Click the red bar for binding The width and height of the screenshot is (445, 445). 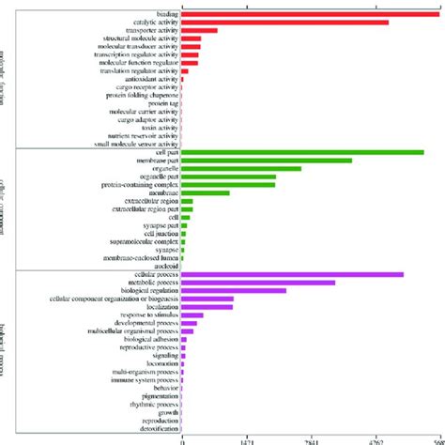(x=310, y=13)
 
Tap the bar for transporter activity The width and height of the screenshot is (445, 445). (x=199, y=30)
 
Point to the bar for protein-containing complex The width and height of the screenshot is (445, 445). (x=228, y=185)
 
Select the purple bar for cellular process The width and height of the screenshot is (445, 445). (x=292, y=274)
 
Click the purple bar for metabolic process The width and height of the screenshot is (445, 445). (x=258, y=283)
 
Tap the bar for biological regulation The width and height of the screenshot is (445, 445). (x=234, y=291)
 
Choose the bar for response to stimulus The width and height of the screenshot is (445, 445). (x=192, y=315)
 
